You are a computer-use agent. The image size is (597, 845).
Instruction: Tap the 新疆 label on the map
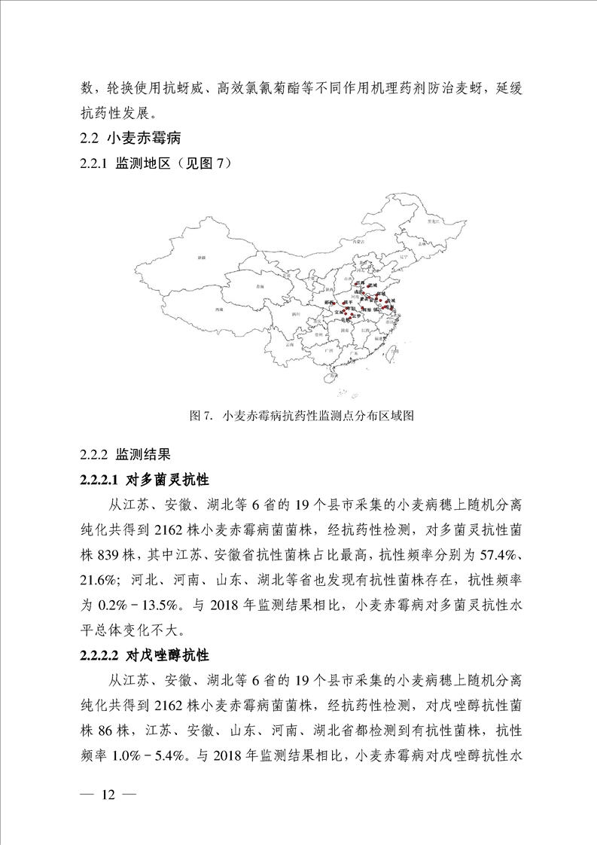(201, 258)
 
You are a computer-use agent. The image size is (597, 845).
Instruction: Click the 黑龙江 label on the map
(433, 222)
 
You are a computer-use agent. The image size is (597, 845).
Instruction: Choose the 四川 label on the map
(297, 312)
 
